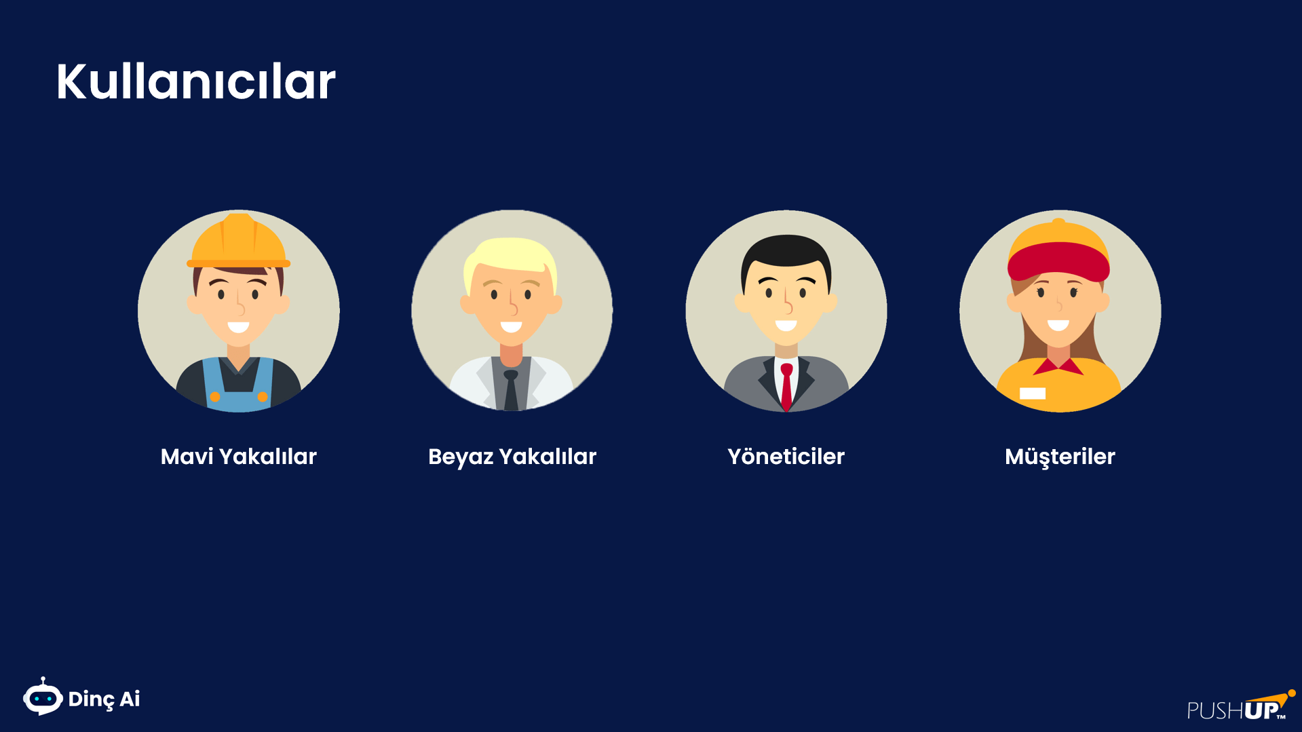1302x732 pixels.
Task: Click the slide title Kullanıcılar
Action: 195,81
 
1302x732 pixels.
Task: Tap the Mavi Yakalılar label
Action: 239,457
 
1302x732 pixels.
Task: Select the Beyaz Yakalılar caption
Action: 512,457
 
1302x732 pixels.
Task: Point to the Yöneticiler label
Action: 786,457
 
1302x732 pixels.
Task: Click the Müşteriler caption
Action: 1060,457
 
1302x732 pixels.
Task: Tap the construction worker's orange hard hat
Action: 239,242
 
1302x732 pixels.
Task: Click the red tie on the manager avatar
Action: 786,387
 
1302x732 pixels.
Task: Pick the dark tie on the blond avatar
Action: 511,390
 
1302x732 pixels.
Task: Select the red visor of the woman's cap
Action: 1058,261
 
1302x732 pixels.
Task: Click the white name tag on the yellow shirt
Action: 1033,393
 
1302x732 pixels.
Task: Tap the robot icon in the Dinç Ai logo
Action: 43,697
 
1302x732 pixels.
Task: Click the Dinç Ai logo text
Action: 104,699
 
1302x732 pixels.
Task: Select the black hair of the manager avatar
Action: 786,254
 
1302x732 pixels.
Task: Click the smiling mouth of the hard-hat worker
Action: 238,327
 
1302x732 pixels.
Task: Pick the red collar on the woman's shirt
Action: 1058,366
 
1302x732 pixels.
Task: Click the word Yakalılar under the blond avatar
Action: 548,457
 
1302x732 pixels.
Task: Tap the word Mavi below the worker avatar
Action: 187,457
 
